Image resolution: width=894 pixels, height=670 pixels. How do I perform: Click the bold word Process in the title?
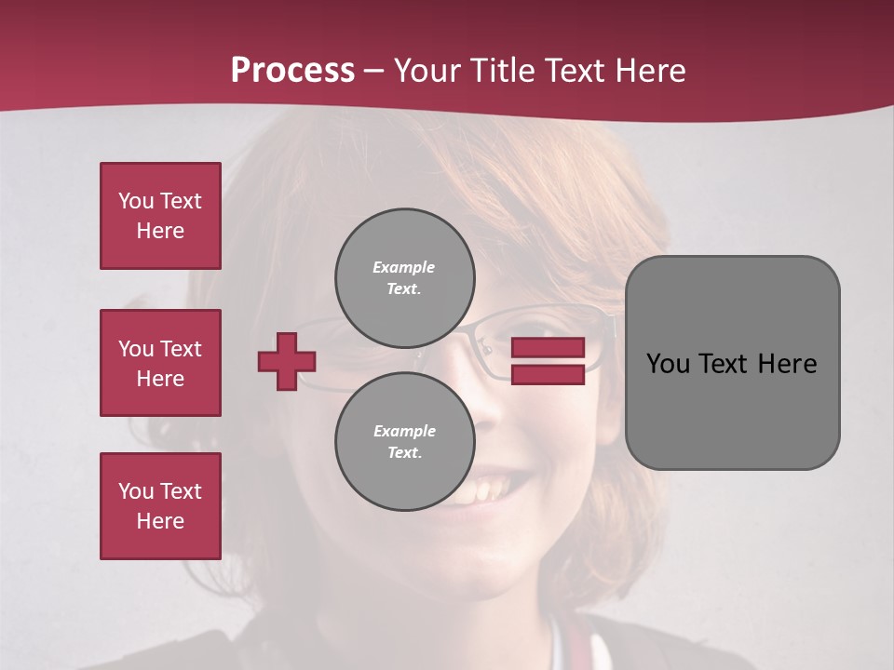pyautogui.click(x=292, y=71)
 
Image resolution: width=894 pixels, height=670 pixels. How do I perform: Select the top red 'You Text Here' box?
pyautogui.click(x=160, y=216)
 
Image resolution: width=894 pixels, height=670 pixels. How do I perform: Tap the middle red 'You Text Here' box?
pyautogui.click(x=160, y=363)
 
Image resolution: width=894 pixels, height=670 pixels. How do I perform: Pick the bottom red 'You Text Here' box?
pyautogui.click(x=160, y=506)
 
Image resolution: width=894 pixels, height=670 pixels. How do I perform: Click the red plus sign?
pyautogui.click(x=287, y=361)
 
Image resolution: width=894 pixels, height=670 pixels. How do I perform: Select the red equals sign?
pyautogui.click(x=548, y=361)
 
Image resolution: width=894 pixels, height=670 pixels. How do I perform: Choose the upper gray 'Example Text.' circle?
pyautogui.click(x=405, y=278)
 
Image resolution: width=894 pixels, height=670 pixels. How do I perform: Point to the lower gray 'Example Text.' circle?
pyautogui.click(x=405, y=442)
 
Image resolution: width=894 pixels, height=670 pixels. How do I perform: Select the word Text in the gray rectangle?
pyautogui.click(x=724, y=364)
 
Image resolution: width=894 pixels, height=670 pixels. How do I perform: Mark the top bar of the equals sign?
pyautogui.click(x=548, y=348)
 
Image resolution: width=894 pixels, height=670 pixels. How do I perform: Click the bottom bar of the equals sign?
pyautogui.click(x=548, y=374)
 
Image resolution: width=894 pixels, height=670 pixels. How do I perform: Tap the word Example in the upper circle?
pyautogui.click(x=403, y=267)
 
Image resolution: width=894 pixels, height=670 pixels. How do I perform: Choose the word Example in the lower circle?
pyautogui.click(x=404, y=431)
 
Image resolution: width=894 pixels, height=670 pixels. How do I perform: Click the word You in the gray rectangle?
pyautogui.click(x=667, y=364)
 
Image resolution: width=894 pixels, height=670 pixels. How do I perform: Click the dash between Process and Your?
pyautogui.click(x=374, y=71)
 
